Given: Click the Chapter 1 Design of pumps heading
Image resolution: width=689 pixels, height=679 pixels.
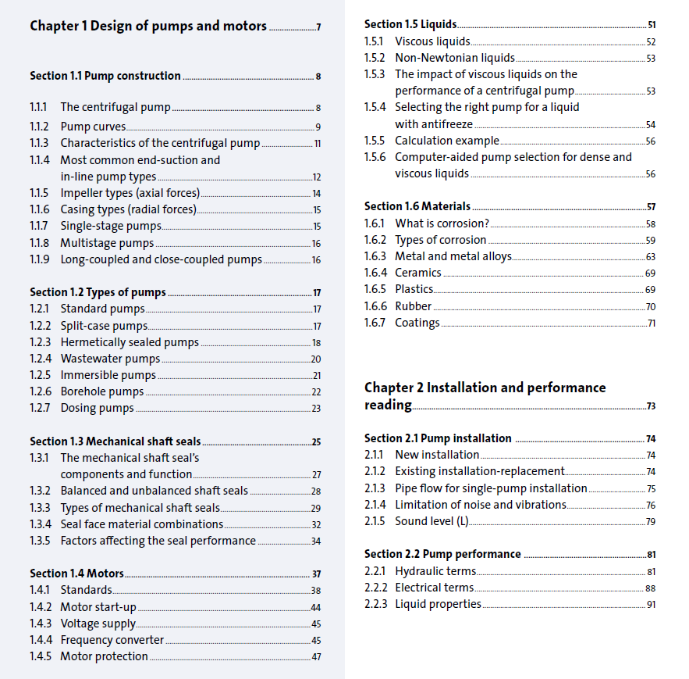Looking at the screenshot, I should (148, 26).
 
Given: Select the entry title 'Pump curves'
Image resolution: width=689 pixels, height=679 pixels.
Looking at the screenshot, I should (93, 127).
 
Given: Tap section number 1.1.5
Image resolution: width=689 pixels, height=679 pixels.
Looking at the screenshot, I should (39, 193).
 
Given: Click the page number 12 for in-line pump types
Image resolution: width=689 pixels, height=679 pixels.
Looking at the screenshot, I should (317, 177).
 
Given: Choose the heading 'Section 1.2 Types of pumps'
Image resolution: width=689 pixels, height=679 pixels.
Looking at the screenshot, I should (98, 292).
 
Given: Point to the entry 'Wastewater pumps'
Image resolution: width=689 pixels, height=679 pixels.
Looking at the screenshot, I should (110, 359).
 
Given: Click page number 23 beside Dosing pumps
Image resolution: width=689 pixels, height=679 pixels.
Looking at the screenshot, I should (316, 409).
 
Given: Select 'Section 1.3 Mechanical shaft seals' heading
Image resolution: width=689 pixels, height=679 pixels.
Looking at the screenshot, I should (115, 441).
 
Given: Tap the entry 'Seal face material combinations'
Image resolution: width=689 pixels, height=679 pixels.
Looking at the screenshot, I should (141, 524).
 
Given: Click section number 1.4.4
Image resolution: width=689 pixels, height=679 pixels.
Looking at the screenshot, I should (41, 640).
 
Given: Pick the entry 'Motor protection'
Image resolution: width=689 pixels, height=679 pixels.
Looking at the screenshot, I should (104, 656).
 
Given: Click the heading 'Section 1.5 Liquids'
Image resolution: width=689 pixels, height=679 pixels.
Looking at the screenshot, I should (410, 24).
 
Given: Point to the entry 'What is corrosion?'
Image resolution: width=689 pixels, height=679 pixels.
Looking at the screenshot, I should (442, 223).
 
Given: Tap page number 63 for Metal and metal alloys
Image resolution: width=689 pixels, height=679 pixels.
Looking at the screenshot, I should (651, 257).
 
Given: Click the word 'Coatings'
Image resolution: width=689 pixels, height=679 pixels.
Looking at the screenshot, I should (417, 323).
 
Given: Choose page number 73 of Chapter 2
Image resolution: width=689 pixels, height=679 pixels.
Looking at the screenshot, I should (651, 406).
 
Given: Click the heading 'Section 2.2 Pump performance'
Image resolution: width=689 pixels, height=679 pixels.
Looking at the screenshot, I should (442, 554).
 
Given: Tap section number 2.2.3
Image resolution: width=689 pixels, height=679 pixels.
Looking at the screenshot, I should (375, 604).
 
